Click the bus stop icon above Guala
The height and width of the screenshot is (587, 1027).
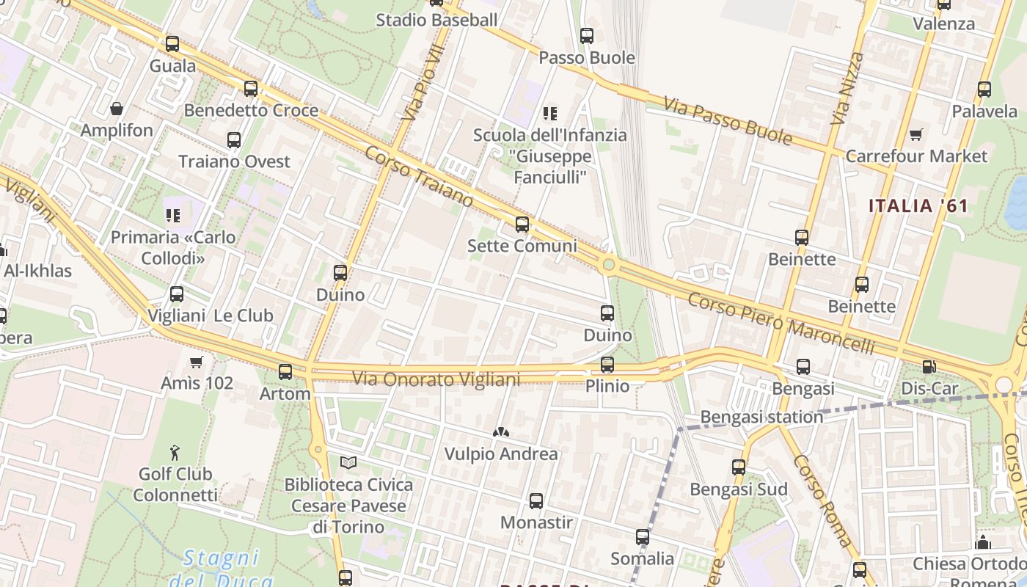(x=172, y=44)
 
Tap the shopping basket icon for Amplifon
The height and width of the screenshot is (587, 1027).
(x=116, y=109)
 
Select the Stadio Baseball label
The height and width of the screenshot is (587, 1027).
(x=436, y=20)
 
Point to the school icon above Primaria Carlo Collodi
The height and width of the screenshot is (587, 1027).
(x=173, y=216)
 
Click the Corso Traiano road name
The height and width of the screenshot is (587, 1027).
(x=419, y=177)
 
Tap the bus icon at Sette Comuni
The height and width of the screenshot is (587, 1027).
(x=522, y=225)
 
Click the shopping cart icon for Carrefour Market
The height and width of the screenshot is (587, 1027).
(x=915, y=135)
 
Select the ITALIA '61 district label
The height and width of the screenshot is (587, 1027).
(x=918, y=206)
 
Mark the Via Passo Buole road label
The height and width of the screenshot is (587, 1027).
(x=728, y=121)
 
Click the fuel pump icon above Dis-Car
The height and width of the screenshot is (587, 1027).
(x=929, y=367)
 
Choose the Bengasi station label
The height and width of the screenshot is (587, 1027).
(x=761, y=417)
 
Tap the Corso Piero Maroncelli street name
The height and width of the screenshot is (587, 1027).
(x=781, y=324)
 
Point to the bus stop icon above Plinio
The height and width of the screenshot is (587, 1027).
(x=607, y=365)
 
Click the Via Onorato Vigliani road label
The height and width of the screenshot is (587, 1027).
(x=436, y=379)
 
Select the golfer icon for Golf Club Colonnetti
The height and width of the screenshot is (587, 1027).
(x=175, y=452)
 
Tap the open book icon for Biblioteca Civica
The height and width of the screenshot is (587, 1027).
(x=348, y=463)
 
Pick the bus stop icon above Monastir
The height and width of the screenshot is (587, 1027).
(x=536, y=501)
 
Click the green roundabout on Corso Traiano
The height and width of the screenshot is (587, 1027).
(x=608, y=264)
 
